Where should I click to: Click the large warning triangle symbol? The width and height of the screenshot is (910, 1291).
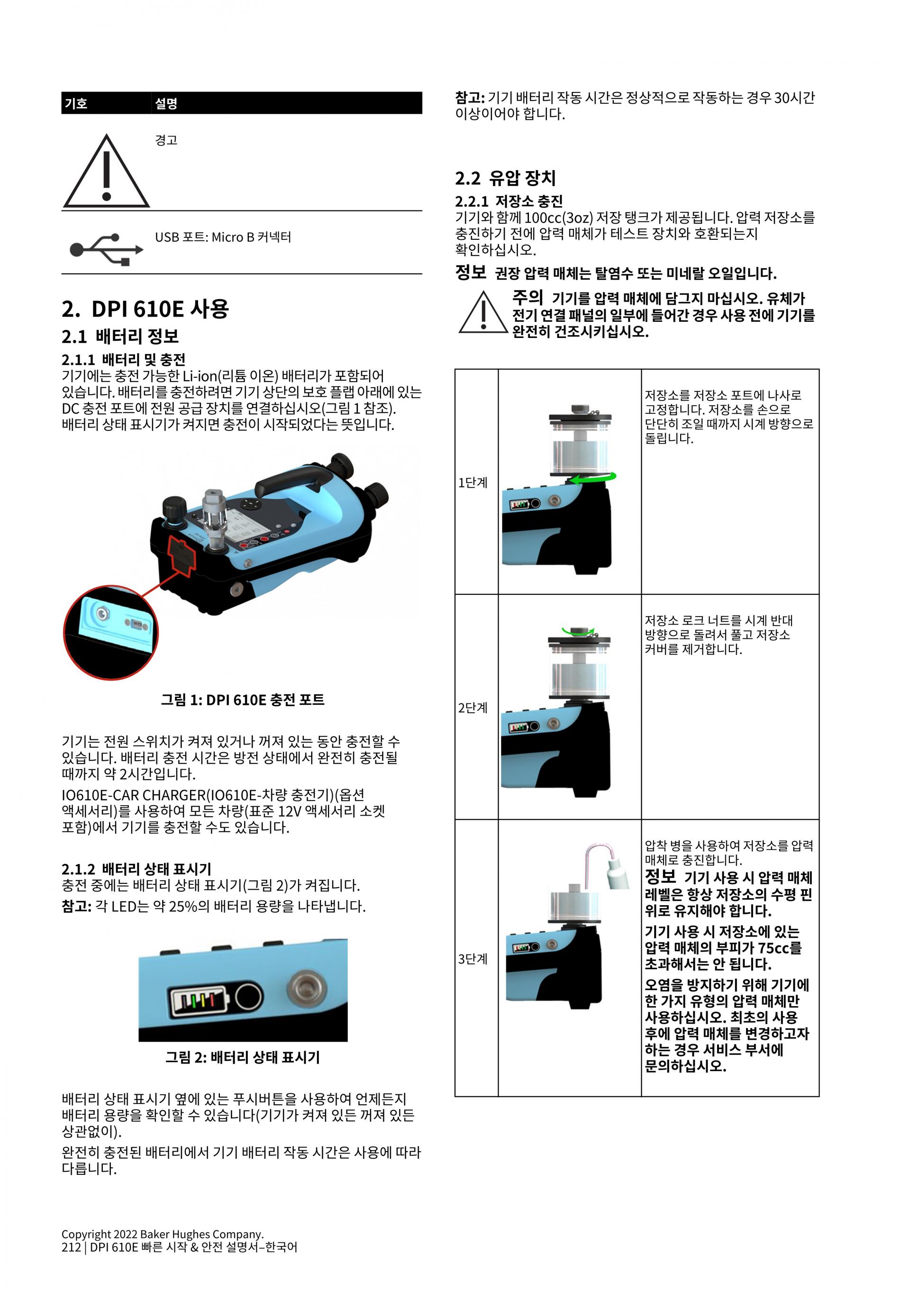tap(106, 172)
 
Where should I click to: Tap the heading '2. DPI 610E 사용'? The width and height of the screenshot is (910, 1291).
tap(145, 309)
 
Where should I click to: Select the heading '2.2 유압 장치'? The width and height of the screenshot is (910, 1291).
tap(505, 178)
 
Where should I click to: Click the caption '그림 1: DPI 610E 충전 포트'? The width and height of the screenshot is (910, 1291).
tap(242, 700)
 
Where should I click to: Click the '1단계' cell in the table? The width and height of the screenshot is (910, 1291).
tap(473, 482)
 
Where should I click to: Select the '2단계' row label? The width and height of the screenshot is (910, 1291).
tap(473, 708)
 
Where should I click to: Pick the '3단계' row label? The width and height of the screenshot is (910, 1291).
tap(473, 959)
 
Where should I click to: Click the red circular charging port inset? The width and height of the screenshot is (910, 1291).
tap(111, 632)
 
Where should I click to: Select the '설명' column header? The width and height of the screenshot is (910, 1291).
tap(166, 103)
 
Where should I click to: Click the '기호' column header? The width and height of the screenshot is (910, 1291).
tap(76, 103)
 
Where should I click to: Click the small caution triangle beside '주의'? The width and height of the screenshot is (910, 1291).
tap(483, 313)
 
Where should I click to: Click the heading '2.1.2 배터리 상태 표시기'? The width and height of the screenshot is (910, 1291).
tap(136, 869)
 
